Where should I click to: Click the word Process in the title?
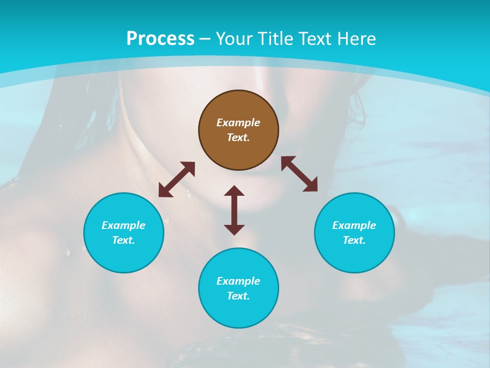160,39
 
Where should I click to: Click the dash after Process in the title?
205,39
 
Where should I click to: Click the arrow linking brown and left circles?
177,179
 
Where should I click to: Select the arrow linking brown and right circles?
299,174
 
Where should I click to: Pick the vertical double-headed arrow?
234,210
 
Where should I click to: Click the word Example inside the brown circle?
238,123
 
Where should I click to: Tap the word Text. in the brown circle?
238,137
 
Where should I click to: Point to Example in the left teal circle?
124,225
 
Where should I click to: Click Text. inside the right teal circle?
354,240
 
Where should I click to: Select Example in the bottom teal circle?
238,281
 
